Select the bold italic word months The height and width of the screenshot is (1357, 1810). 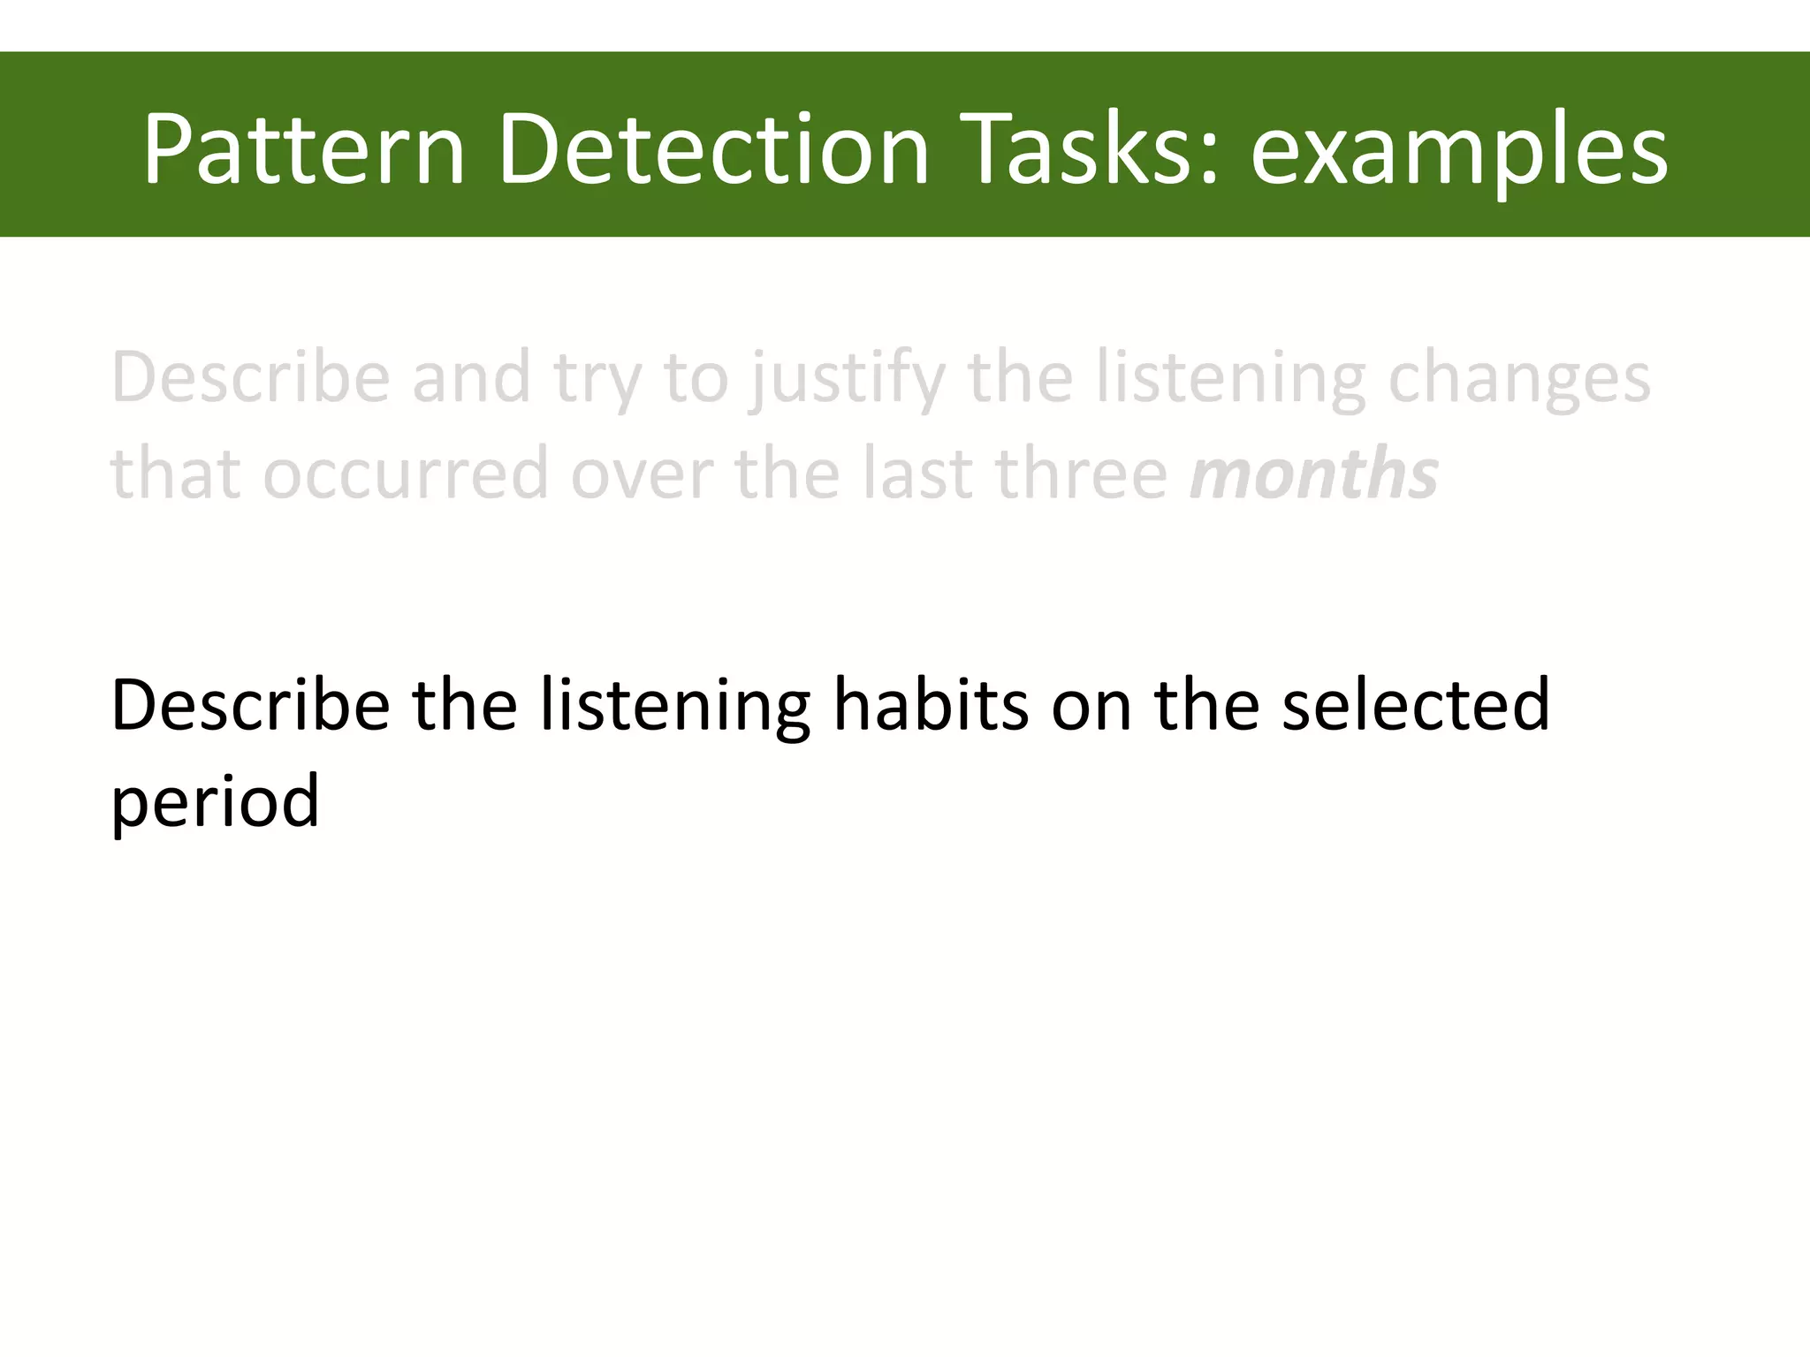click(1314, 474)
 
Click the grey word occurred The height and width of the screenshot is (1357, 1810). click(406, 474)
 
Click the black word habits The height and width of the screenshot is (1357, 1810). click(931, 704)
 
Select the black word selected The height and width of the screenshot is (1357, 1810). click(1415, 704)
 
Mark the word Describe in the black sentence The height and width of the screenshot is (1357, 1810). click(250, 704)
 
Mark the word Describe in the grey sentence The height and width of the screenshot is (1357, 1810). click(250, 378)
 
